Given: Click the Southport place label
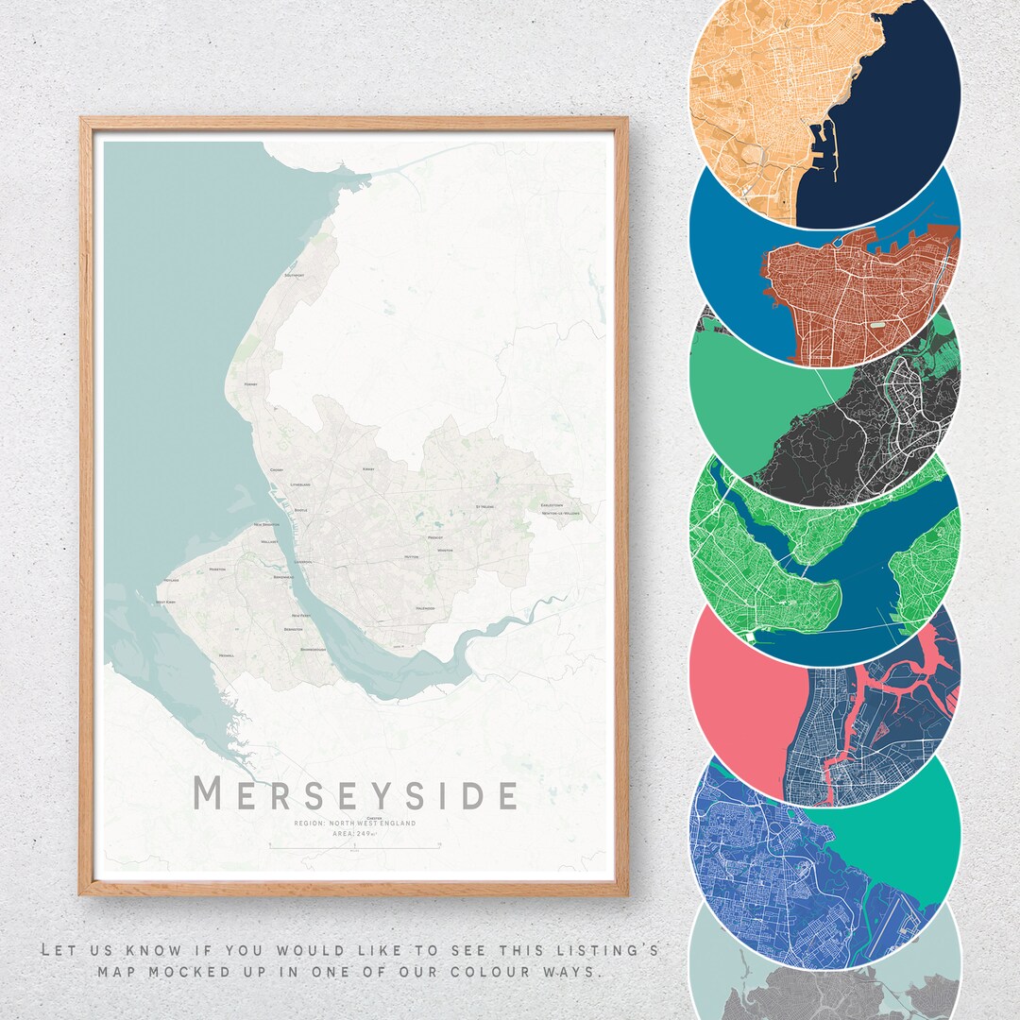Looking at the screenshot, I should click(x=294, y=275).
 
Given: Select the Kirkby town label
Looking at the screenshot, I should click(x=368, y=468).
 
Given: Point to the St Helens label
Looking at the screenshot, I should click(x=485, y=506).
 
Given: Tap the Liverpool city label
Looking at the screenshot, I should click(x=302, y=562).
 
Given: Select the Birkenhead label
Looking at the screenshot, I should click(x=283, y=577).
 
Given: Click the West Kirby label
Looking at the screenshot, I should click(x=166, y=602).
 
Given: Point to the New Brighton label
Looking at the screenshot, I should click(x=267, y=525).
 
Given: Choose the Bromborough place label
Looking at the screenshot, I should click(x=313, y=650).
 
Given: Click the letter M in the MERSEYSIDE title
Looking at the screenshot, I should click(x=208, y=794).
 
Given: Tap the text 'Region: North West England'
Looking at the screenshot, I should click(x=354, y=824).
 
